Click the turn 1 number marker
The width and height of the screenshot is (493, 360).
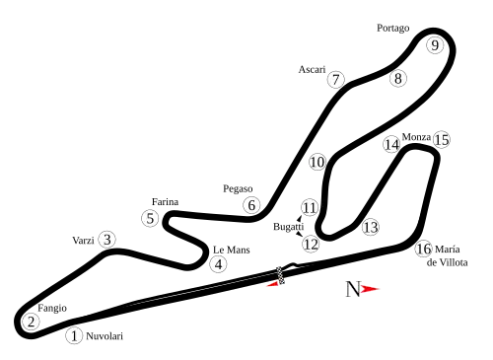click(x=74, y=336)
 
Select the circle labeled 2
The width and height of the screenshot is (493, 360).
click(x=32, y=322)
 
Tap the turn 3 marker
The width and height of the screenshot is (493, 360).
click(x=106, y=239)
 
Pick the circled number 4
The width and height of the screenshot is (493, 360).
click(x=218, y=264)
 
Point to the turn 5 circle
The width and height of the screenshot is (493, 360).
click(x=149, y=219)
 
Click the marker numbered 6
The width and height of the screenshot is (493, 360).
click(x=251, y=205)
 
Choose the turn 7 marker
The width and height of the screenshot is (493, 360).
click(x=336, y=80)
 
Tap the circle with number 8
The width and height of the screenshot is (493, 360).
click(x=397, y=78)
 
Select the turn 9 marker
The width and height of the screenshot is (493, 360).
click(x=435, y=45)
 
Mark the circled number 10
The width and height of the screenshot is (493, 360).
click(x=317, y=162)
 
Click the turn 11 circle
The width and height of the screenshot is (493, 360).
click(x=310, y=207)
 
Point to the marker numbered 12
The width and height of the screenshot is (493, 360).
click(x=311, y=244)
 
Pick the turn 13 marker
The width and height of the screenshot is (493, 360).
click(x=370, y=227)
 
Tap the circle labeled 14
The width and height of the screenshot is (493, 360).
click(x=391, y=144)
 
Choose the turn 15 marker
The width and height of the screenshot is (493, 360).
click(x=441, y=140)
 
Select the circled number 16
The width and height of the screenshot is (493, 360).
click(x=423, y=250)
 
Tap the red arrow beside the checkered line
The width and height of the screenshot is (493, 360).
click(x=271, y=285)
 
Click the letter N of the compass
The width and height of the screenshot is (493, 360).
click(x=353, y=289)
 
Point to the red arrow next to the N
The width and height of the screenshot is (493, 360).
click(x=372, y=289)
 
